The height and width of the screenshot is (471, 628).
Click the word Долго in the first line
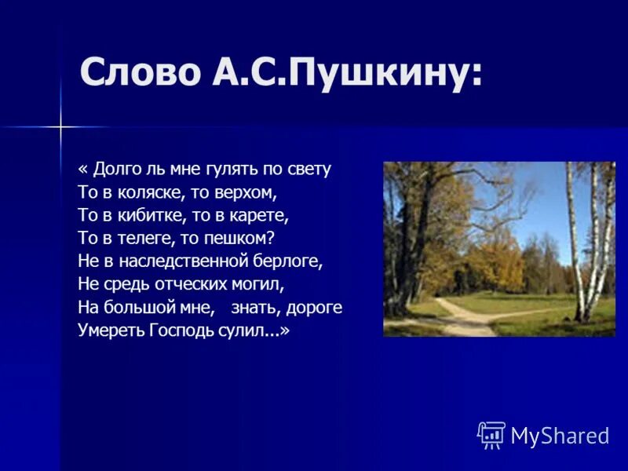(117, 170)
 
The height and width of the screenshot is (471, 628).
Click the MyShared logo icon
(491, 435)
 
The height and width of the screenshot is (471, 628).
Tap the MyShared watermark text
(560, 436)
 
